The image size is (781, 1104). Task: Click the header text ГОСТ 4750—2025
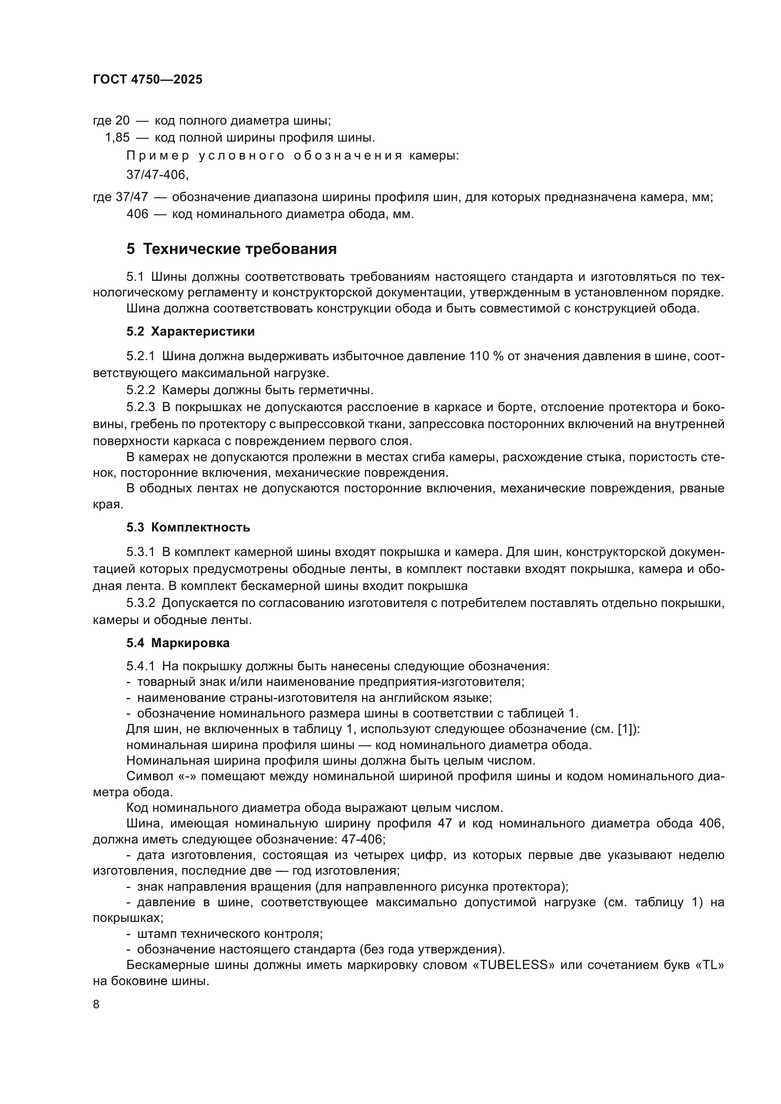coord(148,79)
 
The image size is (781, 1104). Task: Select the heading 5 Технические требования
coord(231,249)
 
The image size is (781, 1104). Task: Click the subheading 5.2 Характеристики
coord(190,331)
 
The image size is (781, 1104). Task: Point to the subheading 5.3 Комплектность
coord(188,528)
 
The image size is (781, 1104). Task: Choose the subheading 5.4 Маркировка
coord(178,643)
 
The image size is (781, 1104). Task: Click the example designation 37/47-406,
coord(158,175)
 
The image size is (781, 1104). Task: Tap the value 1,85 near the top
coord(118,138)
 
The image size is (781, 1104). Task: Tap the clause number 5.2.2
coord(140,390)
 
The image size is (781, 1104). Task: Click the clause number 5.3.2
coord(140,603)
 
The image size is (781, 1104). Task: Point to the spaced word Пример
coord(158,156)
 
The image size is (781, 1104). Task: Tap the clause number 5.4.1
coord(140,666)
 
